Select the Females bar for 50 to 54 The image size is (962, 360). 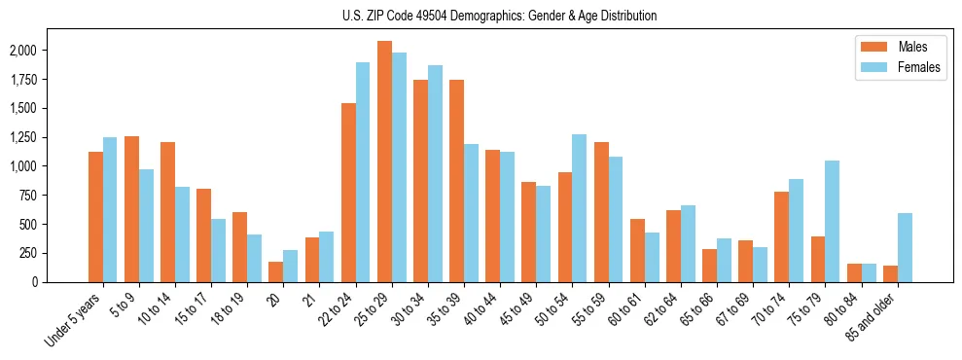coord(580,208)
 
